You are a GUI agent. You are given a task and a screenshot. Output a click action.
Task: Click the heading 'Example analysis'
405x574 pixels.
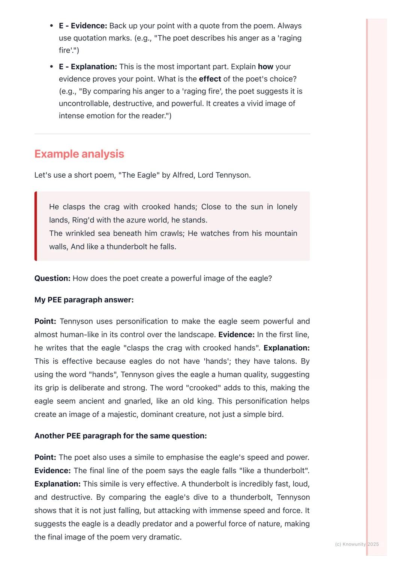79,154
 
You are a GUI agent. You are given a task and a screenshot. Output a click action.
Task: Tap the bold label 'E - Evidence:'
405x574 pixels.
83,26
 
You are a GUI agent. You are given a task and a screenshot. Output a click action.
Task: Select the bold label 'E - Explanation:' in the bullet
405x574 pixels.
88,67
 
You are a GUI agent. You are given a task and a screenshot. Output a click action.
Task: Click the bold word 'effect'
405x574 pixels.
210,79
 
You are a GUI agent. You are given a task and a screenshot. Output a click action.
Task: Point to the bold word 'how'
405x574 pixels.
265,67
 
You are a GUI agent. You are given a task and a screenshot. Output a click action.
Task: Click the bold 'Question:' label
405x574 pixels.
52,278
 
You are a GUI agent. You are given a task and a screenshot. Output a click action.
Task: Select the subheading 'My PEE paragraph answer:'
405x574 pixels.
84,300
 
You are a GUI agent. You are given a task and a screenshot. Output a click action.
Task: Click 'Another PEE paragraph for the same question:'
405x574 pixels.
120,436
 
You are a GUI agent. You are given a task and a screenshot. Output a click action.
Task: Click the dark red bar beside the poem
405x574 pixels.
36,226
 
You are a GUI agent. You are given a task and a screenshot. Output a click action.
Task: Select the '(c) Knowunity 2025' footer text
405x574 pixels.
357,544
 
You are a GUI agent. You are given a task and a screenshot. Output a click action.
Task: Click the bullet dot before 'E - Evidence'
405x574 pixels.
51,26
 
